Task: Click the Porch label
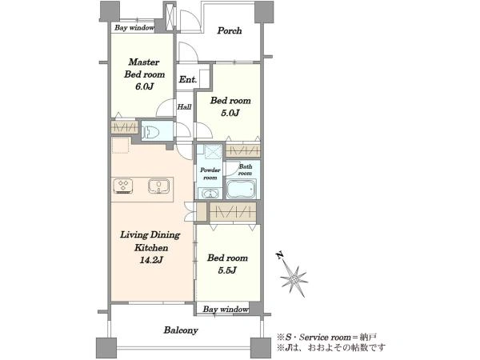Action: pyautogui.click(x=230, y=30)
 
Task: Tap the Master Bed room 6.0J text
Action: pyautogui.click(x=144, y=74)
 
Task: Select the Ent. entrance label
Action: pyautogui.click(x=188, y=79)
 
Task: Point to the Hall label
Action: pyautogui.click(x=184, y=107)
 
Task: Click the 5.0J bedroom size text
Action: pyautogui.click(x=230, y=114)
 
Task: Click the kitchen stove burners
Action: pyautogui.click(x=123, y=186)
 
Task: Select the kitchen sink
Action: pyautogui.click(x=158, y=186)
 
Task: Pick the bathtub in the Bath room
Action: pyautogui.click(x=241, y=189)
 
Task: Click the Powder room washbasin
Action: pyautogui.click(x=210, y=194)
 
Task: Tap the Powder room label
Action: pyautogui.click(x=210, y=174)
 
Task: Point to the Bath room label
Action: pyautogui.click(x=246, y=170)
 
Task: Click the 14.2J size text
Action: pyautogui.click(x=151, y=260)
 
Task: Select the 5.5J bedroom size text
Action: pyautogui.click(x=227, y=270)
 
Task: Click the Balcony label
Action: pyautogui.click(x=181, y=330)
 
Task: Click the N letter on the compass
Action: pyautogui.click(x=279, y=255)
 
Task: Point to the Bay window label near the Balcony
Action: pyautogui.click(x=226, y=309)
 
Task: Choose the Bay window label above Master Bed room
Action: pyautogui.click(x=134, y=28)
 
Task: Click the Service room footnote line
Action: pyautogui.click(x=326, y=338)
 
